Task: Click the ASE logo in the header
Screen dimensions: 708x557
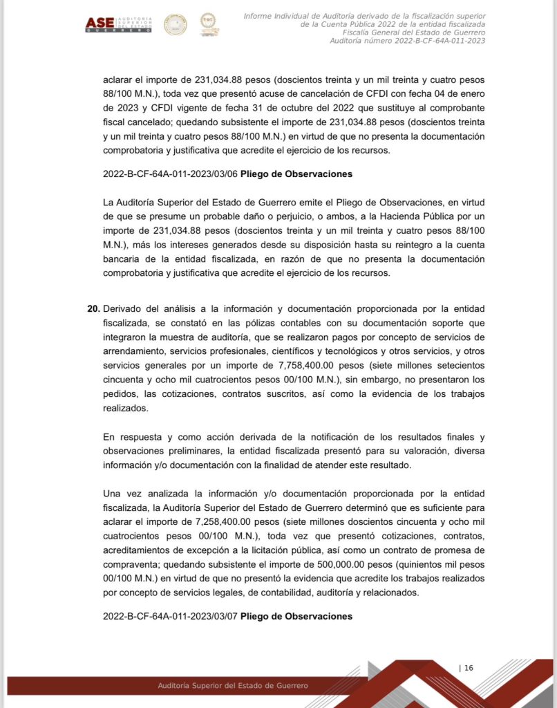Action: pyautogui.click(x=117, y=24)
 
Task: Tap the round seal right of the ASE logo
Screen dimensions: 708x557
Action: pyautogui.click(x=175, y=24)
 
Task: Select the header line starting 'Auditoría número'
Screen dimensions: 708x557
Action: pyautogui.click(x=407, y=41)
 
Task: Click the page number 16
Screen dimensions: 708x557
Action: pyautogui.click(x=468, y=668)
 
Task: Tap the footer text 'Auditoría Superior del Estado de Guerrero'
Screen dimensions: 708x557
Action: pyautogui.click(x=233, y=685)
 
